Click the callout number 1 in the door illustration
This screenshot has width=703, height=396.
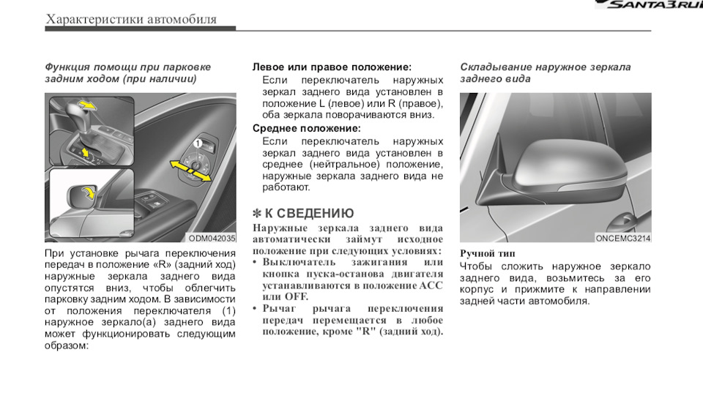point(198,143)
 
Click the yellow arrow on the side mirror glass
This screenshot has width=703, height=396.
point(86,194)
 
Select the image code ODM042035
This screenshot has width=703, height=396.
point(212,238)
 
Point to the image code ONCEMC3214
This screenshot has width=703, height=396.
point(622,238)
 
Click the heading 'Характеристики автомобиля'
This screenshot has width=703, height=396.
point(131,19)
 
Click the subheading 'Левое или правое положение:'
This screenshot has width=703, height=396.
point(332,67)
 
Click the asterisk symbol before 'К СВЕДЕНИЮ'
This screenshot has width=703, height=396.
point(257,214)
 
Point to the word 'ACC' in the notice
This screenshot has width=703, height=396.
point(430,285)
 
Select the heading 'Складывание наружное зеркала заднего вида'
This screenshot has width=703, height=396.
point(545,72)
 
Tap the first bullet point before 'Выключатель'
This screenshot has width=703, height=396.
point(256,262)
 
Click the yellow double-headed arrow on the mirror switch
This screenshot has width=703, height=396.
point(190,170)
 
